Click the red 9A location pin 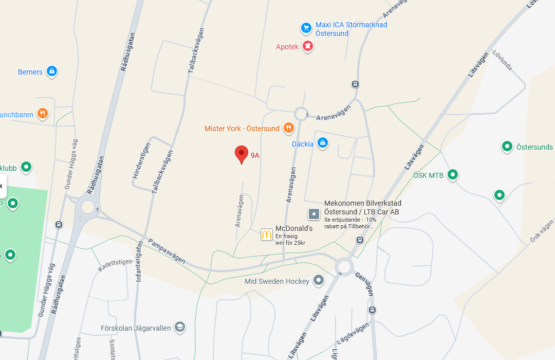pyautogui.click(x=242, y=154)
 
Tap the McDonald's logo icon pyautogui.click(x=266, y=235)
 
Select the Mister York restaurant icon pyautogui.click(x=289, y=128)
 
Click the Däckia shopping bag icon pyautogui.click(x=322, y=142)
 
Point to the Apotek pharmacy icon pyautogui.click(x=308, y=46)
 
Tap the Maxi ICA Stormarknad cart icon pyautogui.click(x=306, y=27)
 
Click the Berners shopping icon pyautogui.click(x=51, y=71)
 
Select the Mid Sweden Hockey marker pyautogui.click(x=319, y=280)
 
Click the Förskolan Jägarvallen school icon pyautogui.click(x=179, y=327)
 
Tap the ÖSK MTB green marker pyautogui.click(x=453, y=175)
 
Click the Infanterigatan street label pyautogui.click(x=138, y=262)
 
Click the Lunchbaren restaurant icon pyautogui.click(x=43, y=113)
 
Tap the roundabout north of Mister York pyautogui.click(x=301, y=113)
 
